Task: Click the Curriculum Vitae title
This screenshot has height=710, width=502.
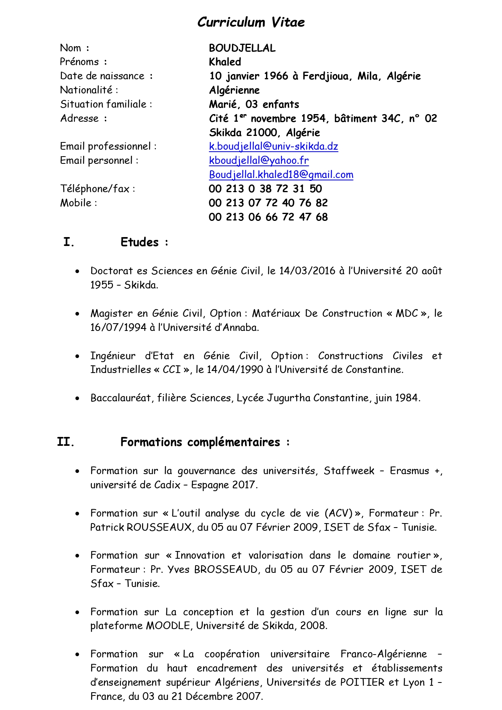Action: point(251,22)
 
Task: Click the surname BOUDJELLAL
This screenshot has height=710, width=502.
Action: point(242,48)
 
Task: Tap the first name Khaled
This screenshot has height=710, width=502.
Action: point(225,62)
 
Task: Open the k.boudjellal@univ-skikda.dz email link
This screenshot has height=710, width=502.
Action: point(273,146)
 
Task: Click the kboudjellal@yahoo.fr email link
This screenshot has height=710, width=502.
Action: point(259,161)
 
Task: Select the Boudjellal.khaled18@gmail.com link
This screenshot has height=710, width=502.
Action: point(281,175)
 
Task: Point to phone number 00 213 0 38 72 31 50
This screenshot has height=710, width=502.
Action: point(265,189)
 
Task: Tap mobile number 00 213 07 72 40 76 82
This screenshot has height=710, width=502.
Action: point(268,203)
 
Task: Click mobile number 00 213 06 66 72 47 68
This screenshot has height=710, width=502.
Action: point(268,217)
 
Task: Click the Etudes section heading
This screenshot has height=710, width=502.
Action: point(140,242)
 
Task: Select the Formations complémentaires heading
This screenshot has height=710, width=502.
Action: point(200,442)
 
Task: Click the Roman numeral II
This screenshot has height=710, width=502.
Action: point(66,442)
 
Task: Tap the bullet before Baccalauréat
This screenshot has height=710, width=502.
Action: point(77,398)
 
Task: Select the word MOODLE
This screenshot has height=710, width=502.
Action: point(168,626)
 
